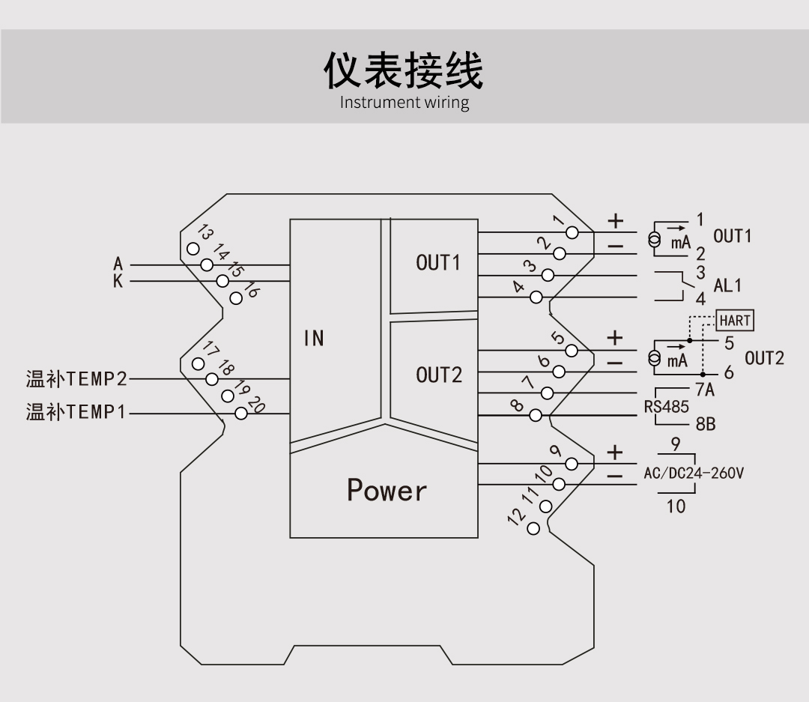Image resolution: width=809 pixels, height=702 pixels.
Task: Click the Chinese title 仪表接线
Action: [404, 71]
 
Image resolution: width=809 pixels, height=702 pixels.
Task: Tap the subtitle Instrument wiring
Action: [404, 103]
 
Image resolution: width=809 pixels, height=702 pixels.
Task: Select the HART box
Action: [734, 321]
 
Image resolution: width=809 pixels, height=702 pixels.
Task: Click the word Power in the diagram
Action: [387, 490]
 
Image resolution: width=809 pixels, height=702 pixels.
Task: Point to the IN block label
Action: [314, 339]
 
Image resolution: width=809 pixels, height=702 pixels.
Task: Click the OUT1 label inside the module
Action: [438, 263]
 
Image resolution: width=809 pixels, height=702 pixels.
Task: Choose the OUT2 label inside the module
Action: [438, 375]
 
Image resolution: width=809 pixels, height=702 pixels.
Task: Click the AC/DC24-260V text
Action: [694, 473]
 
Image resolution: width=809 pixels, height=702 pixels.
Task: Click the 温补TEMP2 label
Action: [76, 379]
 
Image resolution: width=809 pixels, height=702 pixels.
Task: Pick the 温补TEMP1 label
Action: [76, 412]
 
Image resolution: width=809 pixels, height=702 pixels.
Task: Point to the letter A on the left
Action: [118, 264]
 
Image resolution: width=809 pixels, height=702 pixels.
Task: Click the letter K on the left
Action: [118, 282]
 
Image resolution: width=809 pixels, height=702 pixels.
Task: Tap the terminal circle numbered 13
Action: [193, 249]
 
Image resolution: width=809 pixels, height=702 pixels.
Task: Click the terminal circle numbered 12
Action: [533, 528]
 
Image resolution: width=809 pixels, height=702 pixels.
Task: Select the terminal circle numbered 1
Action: [572, 232]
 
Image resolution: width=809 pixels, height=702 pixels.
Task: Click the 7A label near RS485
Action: [705, 390]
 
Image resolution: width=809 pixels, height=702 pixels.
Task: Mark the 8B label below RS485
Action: [705, 424]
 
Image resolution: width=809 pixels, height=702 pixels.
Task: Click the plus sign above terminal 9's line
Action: [615, 453]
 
